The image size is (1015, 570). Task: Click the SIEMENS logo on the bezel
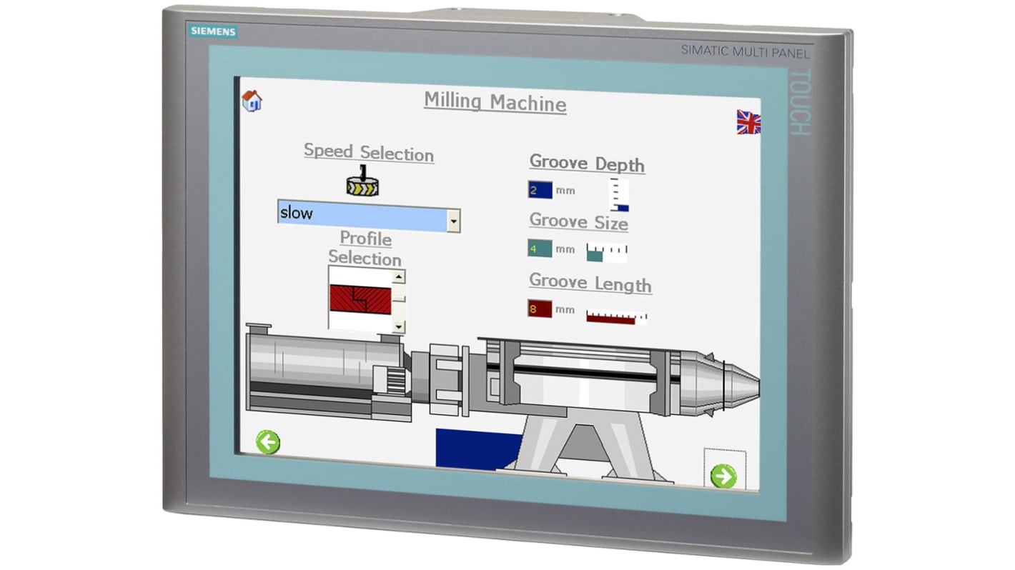click(x=212, y=31)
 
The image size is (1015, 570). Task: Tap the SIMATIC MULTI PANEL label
click(x=745, y=51)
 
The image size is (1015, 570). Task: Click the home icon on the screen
click(x=252, y=101)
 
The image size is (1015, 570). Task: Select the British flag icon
click(x=748, y=122)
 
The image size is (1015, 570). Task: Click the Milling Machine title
click(x=495, y=101)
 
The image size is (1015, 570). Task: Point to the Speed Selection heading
click(x=368, y=152)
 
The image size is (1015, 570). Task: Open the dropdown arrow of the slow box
click(x=453, y=221)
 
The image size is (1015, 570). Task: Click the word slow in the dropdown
click(x=296, y=213)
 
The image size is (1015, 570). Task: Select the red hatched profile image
click(x=360, y=299)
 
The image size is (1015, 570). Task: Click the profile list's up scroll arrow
click(x=398, y=277)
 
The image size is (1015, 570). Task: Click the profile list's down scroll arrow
click(x=398, y=326)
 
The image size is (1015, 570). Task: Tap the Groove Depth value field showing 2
click(x=540, y=190)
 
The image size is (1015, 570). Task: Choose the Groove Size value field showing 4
click(x=540, y=249)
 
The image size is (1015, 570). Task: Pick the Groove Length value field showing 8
click(x=540, y=309)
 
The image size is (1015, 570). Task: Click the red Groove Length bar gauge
click(x=615, y=317)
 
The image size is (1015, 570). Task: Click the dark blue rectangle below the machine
click(x=477, y=449)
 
